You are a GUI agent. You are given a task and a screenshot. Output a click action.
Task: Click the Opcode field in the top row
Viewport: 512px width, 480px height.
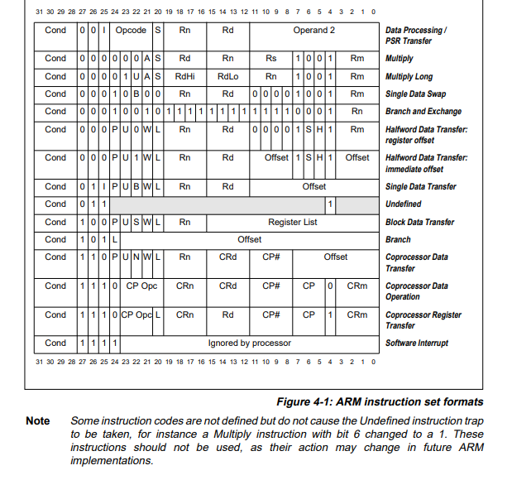click(130, 31)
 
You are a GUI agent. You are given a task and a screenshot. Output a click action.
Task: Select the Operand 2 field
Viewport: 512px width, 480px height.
click(314, 31)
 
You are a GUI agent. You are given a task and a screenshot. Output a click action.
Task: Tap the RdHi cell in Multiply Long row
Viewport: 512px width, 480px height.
click(185, 76)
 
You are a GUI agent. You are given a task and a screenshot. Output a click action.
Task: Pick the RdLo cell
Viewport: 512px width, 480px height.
click(228, 76)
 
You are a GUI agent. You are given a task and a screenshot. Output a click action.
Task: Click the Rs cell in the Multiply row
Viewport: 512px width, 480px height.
click(271, 59)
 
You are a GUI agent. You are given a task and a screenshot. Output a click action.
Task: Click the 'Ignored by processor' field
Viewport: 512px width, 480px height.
click(249, 343)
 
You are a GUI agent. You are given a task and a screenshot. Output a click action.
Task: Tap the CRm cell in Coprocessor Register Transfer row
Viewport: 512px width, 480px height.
click(357, 314)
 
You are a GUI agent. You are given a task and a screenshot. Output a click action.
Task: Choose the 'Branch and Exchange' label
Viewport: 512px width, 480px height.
click(423, 112)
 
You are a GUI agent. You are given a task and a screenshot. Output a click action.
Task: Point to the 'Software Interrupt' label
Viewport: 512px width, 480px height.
click(417, 343)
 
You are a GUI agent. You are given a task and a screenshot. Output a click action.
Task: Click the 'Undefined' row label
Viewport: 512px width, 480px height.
click(403, 204)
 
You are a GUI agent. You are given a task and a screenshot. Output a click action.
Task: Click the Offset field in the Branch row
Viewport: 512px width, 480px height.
click(249, 239)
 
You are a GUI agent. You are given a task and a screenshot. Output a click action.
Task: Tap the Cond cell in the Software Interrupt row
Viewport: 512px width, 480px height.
click(55, 343)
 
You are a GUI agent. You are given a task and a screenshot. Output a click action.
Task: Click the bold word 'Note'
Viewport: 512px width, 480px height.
click(38, 421)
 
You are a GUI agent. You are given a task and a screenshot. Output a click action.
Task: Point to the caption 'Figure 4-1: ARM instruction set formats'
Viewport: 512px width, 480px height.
click(380, 402)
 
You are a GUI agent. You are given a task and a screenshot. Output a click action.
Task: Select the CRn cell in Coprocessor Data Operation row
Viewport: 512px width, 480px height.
click(185, 286)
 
